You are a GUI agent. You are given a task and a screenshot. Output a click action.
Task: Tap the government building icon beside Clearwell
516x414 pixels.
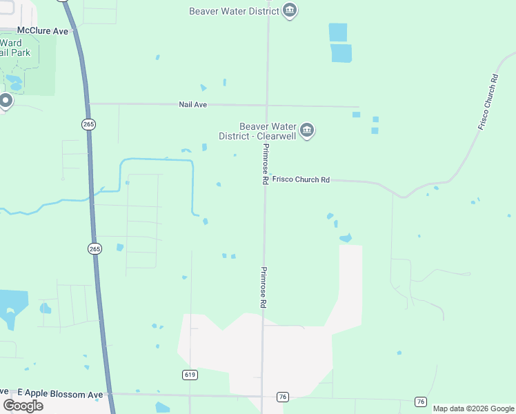point(307,130)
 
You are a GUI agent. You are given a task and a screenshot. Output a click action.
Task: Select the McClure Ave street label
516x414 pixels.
point(43,31)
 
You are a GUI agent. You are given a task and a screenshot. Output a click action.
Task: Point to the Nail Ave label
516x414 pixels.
point(193,104)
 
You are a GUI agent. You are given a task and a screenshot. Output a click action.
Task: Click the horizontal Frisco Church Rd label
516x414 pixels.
point(301,179)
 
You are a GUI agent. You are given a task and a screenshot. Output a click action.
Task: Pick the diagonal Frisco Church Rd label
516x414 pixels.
point(488,101)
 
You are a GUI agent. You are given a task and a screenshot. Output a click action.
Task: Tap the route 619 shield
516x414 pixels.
point(190,375)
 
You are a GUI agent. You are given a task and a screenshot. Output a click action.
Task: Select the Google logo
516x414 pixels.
point(23,405)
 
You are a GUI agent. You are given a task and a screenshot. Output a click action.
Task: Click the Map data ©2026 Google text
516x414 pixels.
point(473,408)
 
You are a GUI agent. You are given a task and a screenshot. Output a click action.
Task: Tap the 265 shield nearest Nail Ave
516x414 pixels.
point(88,124)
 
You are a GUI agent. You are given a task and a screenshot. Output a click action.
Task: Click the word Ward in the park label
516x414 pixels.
point(10,43)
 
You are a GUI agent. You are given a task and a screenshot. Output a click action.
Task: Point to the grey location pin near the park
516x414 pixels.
point(6,101)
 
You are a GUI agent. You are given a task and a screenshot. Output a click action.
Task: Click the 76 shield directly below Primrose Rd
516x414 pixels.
point(281,397)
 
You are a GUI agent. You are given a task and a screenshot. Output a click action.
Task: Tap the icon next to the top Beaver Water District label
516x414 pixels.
point(290,10)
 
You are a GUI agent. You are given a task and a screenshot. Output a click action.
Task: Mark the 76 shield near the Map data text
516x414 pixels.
point(420,402)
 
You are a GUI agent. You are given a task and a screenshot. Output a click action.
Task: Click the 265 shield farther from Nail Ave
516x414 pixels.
point(95,248)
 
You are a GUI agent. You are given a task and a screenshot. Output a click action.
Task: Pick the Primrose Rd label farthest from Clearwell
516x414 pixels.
point(263,287)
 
